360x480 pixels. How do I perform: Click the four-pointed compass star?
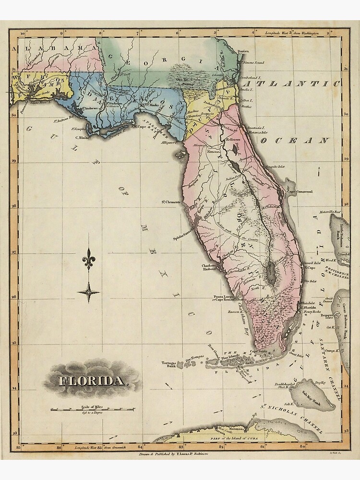click(x=88, y=291)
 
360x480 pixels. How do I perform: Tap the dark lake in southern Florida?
click(x=271, y=274)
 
